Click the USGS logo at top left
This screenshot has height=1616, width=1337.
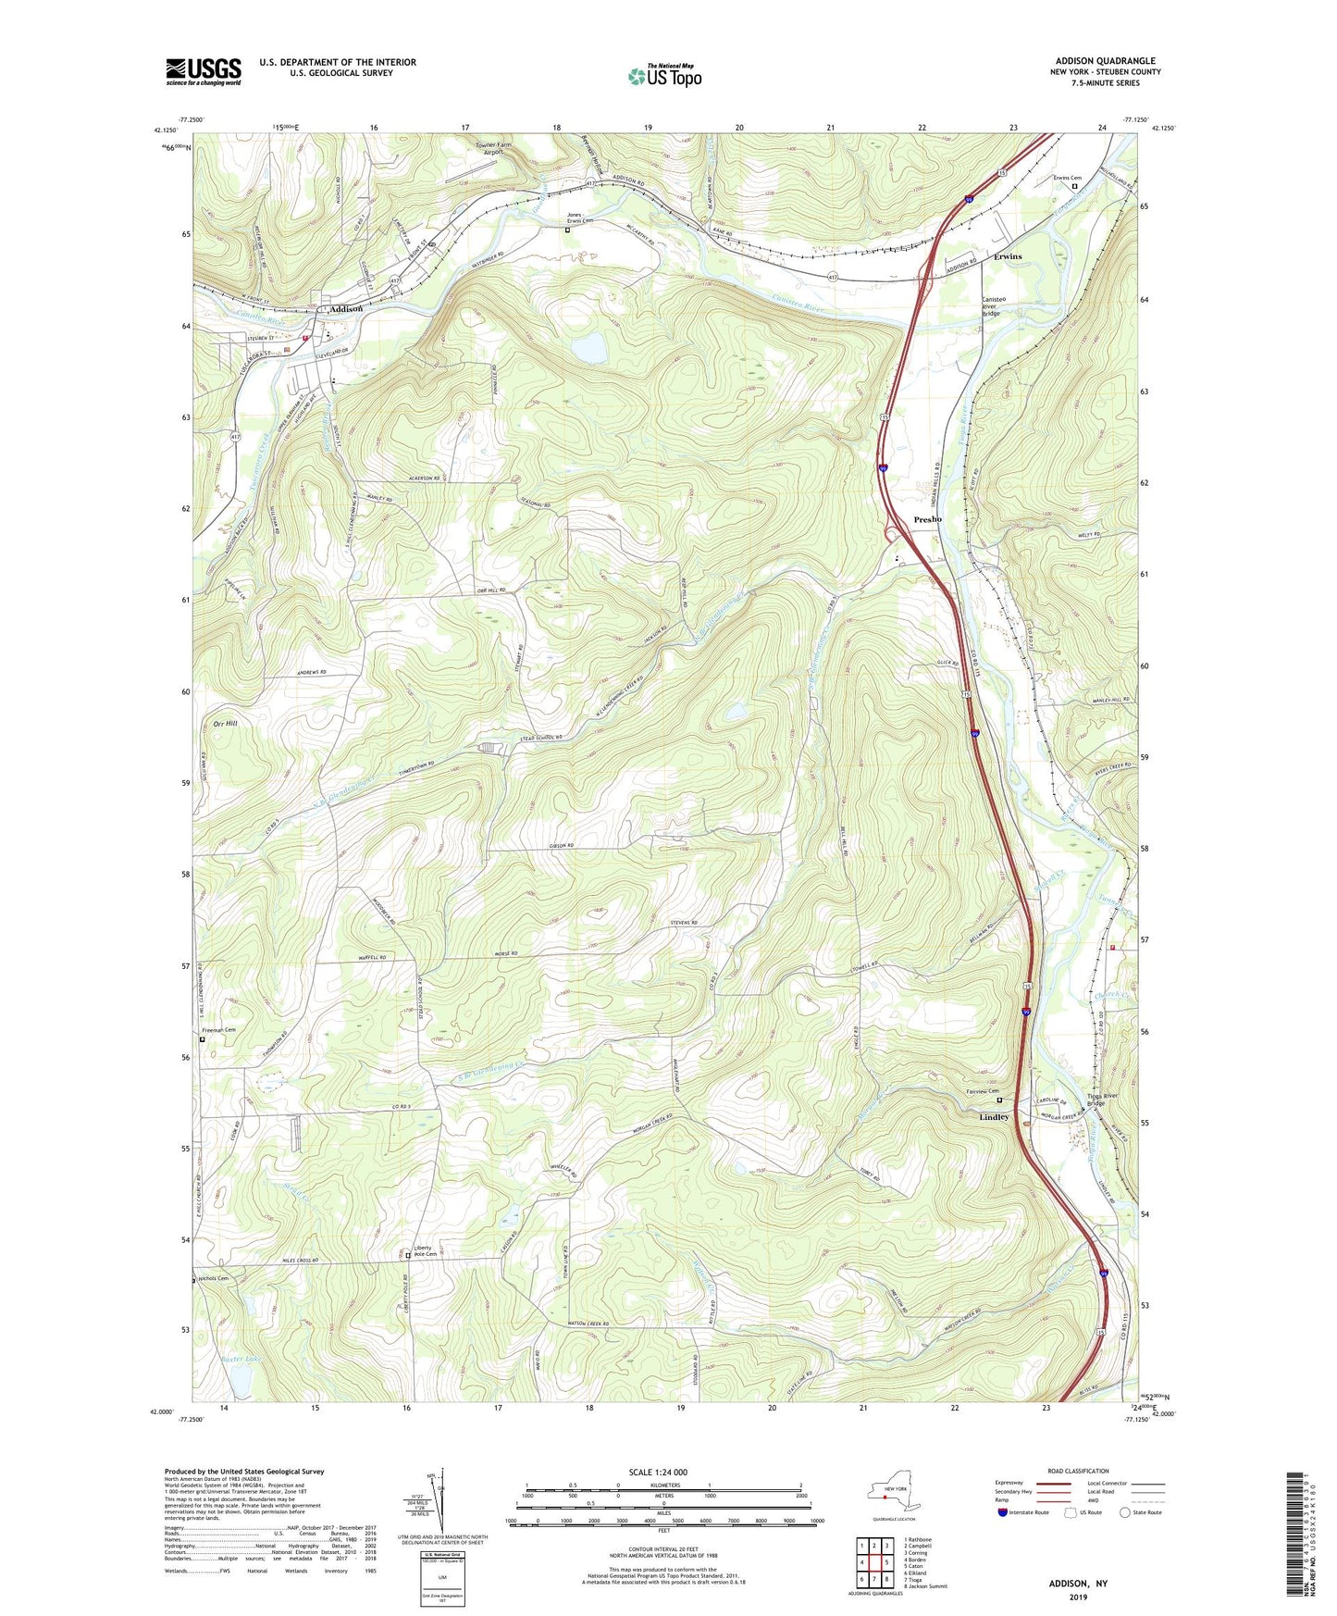pos(204,71)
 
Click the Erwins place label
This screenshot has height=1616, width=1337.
pos(1008,256)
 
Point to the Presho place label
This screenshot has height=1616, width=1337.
pos(927,519)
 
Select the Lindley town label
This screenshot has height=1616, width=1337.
pos(994,1117)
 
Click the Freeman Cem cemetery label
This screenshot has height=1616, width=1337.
pos(218,1030)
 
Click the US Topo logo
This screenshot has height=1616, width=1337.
pos(664,76)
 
